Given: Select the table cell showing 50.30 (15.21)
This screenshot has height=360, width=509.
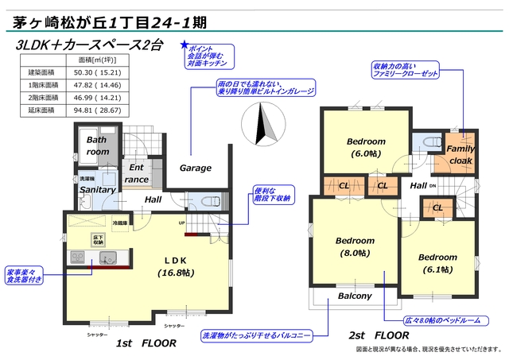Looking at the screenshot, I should pos(96,72).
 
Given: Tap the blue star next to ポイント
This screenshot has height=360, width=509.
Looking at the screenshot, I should pos(185,46).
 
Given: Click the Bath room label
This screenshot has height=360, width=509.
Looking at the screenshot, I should pos(98,145).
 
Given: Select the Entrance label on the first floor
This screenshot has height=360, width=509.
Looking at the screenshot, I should pos(137,173).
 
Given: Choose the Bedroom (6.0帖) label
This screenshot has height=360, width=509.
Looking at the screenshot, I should pos(366,148).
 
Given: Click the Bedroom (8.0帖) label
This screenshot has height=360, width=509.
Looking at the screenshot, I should pos(354,246).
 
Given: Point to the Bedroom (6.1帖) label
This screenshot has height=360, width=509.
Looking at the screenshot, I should pos(437,263).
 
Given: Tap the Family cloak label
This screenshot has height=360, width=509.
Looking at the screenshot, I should pos(460,154).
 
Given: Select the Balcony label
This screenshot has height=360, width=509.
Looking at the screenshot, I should pos(355,296).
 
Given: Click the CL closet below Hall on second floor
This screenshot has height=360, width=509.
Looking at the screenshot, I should pos(437,208).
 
